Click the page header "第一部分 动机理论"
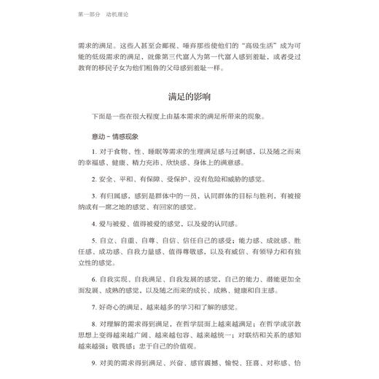coord(103,14)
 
